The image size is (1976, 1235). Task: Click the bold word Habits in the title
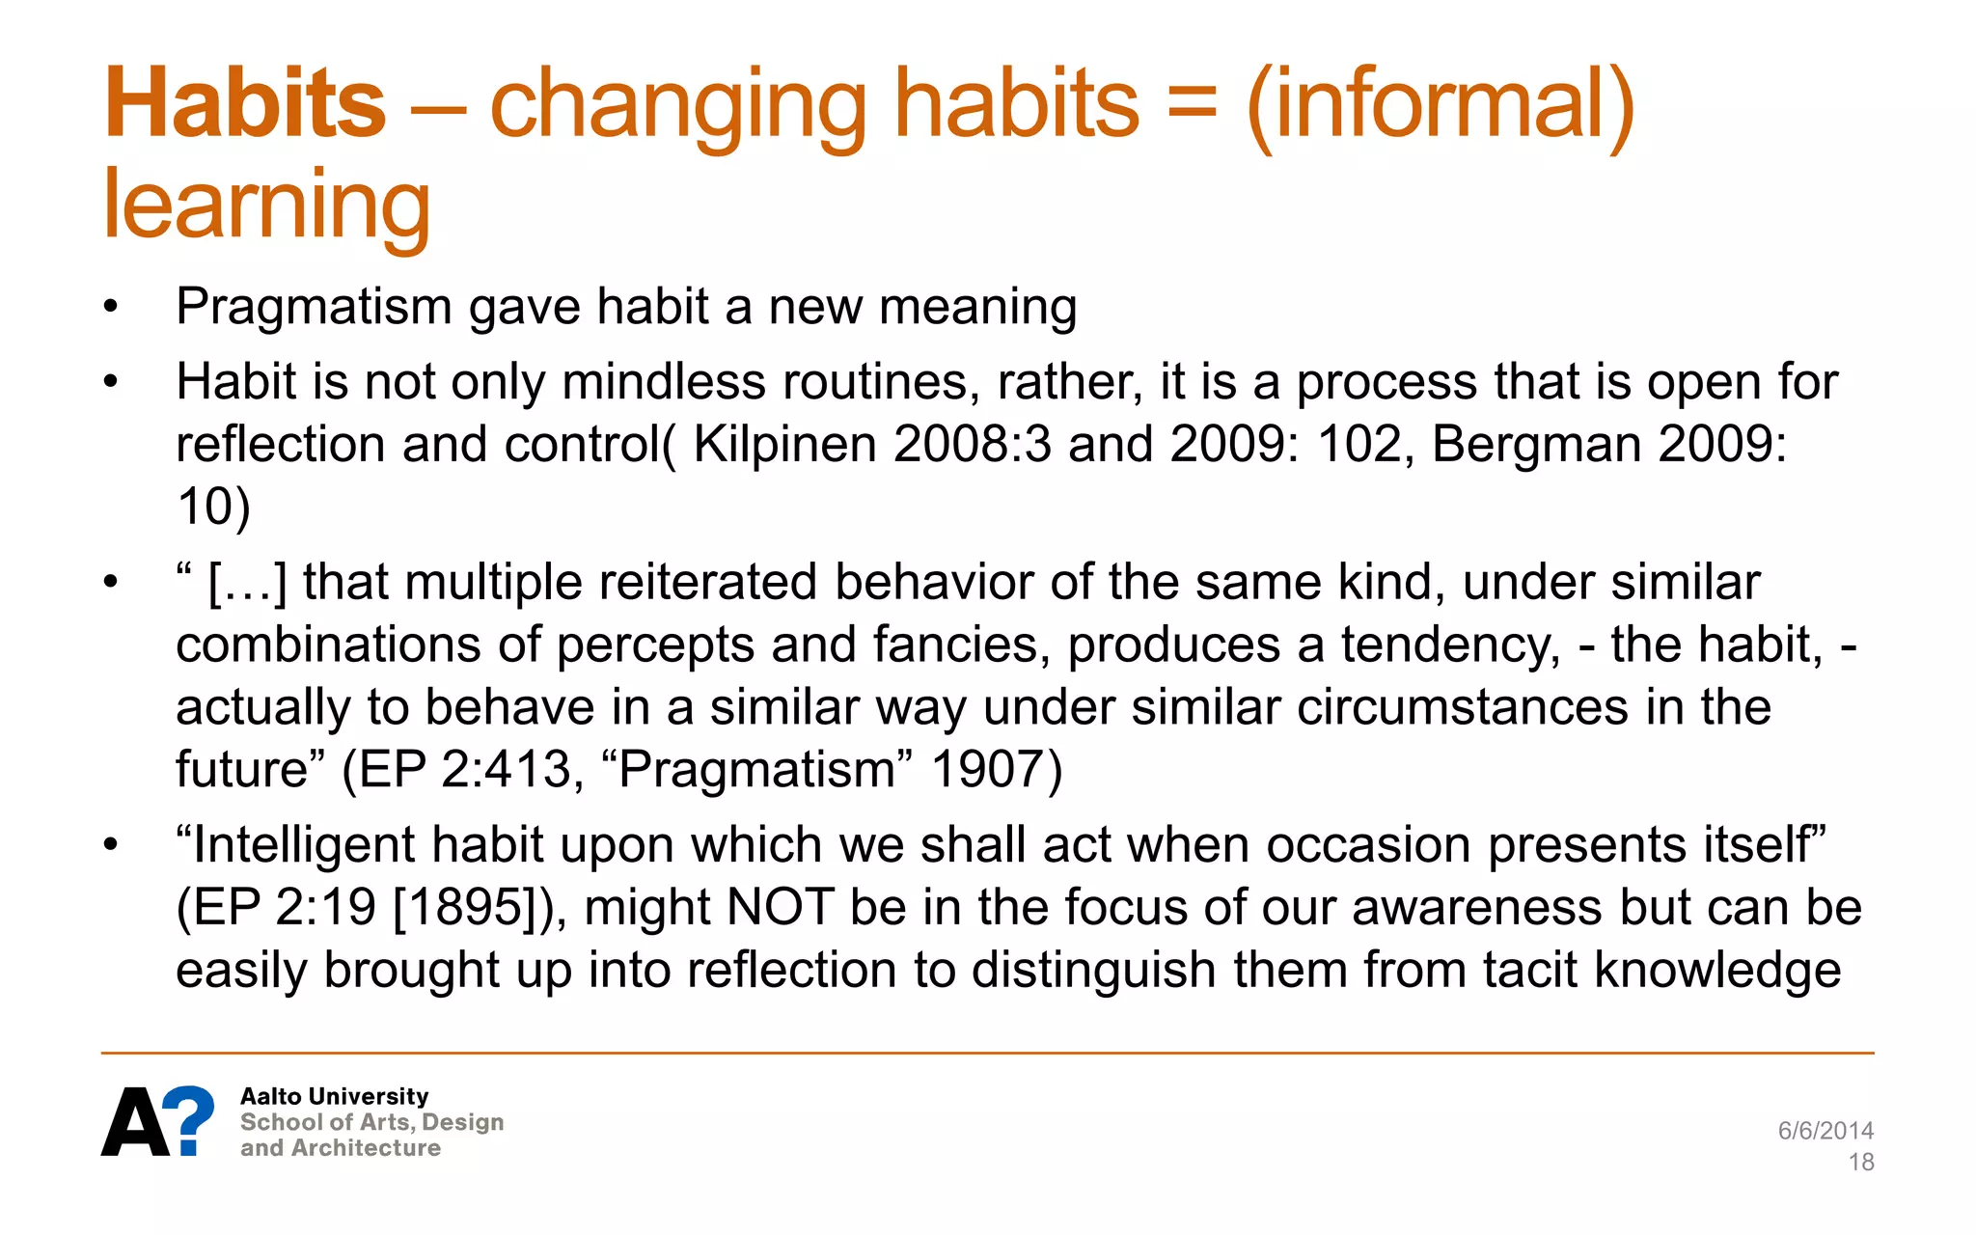coord(245,103)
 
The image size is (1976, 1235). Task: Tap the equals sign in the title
coord(1192,103)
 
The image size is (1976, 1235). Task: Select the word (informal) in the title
coord(1441,105)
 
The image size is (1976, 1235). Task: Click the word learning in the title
coord(266,205)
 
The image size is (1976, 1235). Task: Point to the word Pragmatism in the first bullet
coord(314,308)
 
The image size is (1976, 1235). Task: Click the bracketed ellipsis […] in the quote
coord(247,584)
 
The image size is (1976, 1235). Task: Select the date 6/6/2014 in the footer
coord(1825,1131)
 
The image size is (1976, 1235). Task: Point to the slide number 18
coord(1861,1163)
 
